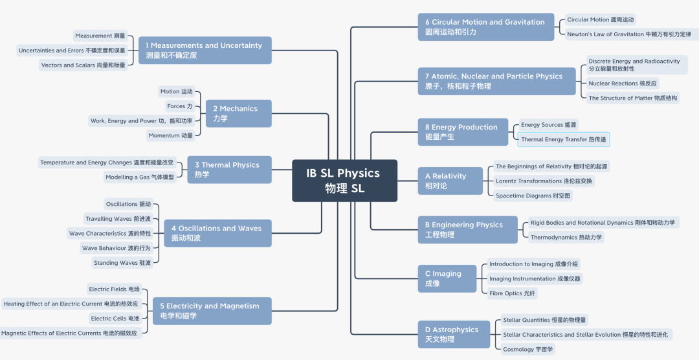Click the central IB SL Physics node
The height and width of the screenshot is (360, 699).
click(344, 181)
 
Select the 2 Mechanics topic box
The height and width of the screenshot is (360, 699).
click(238, 113)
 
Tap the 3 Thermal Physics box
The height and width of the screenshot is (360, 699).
click(229, 170)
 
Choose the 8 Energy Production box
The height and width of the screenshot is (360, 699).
click(463, 132)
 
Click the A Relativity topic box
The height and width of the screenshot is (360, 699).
click(450, 181)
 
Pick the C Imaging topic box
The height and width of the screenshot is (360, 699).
click(447, 278)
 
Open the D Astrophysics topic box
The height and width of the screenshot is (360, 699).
click(454, 334)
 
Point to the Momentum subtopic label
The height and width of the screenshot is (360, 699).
click(171, 135)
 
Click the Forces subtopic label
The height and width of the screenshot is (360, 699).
click(180, 106)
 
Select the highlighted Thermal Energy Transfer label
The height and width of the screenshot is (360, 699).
click(564, 139)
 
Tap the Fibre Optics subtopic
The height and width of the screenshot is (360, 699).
click(512, 293)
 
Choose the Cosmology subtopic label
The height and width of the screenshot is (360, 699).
click(528, 349)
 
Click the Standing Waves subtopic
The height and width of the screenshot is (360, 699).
click(122, 263)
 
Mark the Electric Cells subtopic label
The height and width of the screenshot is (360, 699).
click(115, 318)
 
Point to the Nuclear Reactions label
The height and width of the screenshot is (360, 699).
click(623, 84)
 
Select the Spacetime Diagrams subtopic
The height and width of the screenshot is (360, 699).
click(533, 196)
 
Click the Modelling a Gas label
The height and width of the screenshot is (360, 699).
click(140, 177)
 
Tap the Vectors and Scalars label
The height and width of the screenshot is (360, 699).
click(83, 65)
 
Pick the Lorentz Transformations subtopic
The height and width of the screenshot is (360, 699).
click(544, 181)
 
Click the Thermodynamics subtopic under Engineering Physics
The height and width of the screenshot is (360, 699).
click(566, 237)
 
